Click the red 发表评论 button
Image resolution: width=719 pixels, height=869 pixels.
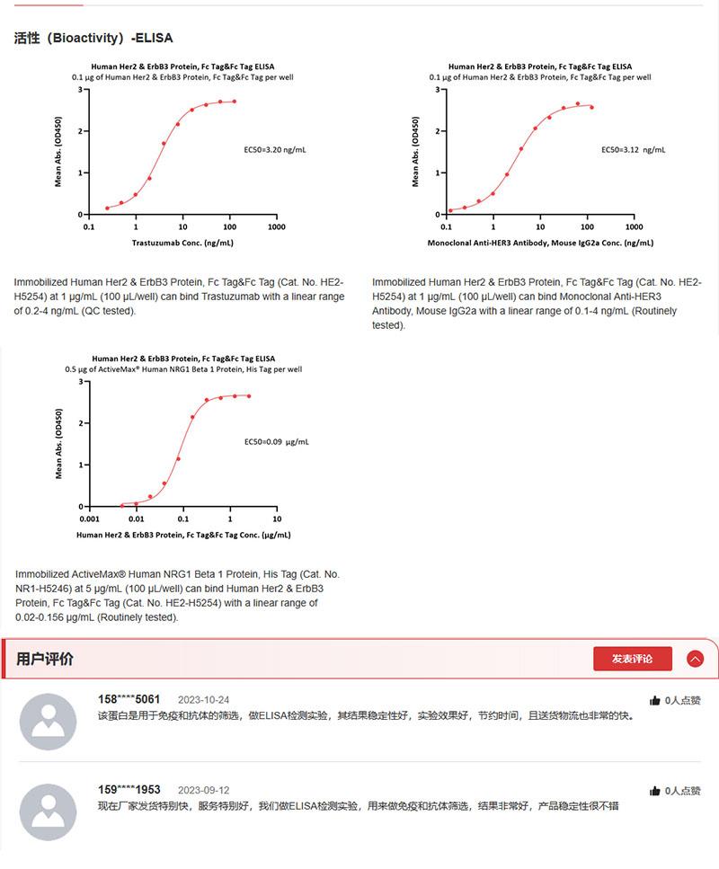[x=632, y=659]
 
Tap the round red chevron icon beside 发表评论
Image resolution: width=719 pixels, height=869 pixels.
[x=695, y=659]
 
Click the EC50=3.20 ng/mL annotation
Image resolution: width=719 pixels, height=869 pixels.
[x=275, y=150]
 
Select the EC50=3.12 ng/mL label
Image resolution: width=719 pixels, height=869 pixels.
[x=633, y=150]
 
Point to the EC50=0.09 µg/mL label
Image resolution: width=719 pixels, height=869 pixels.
[x=276, y=442]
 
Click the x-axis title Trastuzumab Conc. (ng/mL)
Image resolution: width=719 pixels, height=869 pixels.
[x=182, y=243]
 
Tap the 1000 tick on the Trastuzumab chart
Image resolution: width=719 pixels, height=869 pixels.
[x=277, y=227]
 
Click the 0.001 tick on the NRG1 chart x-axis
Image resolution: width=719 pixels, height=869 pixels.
[x=89, y=519]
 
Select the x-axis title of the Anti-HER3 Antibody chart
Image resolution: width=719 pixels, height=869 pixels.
[x=540, y=243]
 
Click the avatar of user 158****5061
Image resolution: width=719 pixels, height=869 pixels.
[x=48, y=721]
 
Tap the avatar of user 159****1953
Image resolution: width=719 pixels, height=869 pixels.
[x=48, y=811]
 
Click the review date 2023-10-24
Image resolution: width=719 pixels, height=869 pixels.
[x=203, y=700]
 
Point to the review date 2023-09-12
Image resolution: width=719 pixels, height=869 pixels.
[x=203, y=790]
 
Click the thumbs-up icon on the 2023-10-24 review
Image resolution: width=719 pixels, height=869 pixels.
[x=654, y=700]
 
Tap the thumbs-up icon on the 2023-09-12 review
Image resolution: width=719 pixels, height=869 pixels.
[x=654, y=791]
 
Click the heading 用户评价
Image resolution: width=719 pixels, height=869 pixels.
[x=45, y=659]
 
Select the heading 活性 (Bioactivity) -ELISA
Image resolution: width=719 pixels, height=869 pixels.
[x=93, y=39]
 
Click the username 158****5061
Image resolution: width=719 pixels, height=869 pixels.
[x=129, y=699]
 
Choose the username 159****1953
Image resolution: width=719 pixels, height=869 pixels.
[x=129, y=789]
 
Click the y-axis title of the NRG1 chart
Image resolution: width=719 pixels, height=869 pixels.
[x=59, y=444]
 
